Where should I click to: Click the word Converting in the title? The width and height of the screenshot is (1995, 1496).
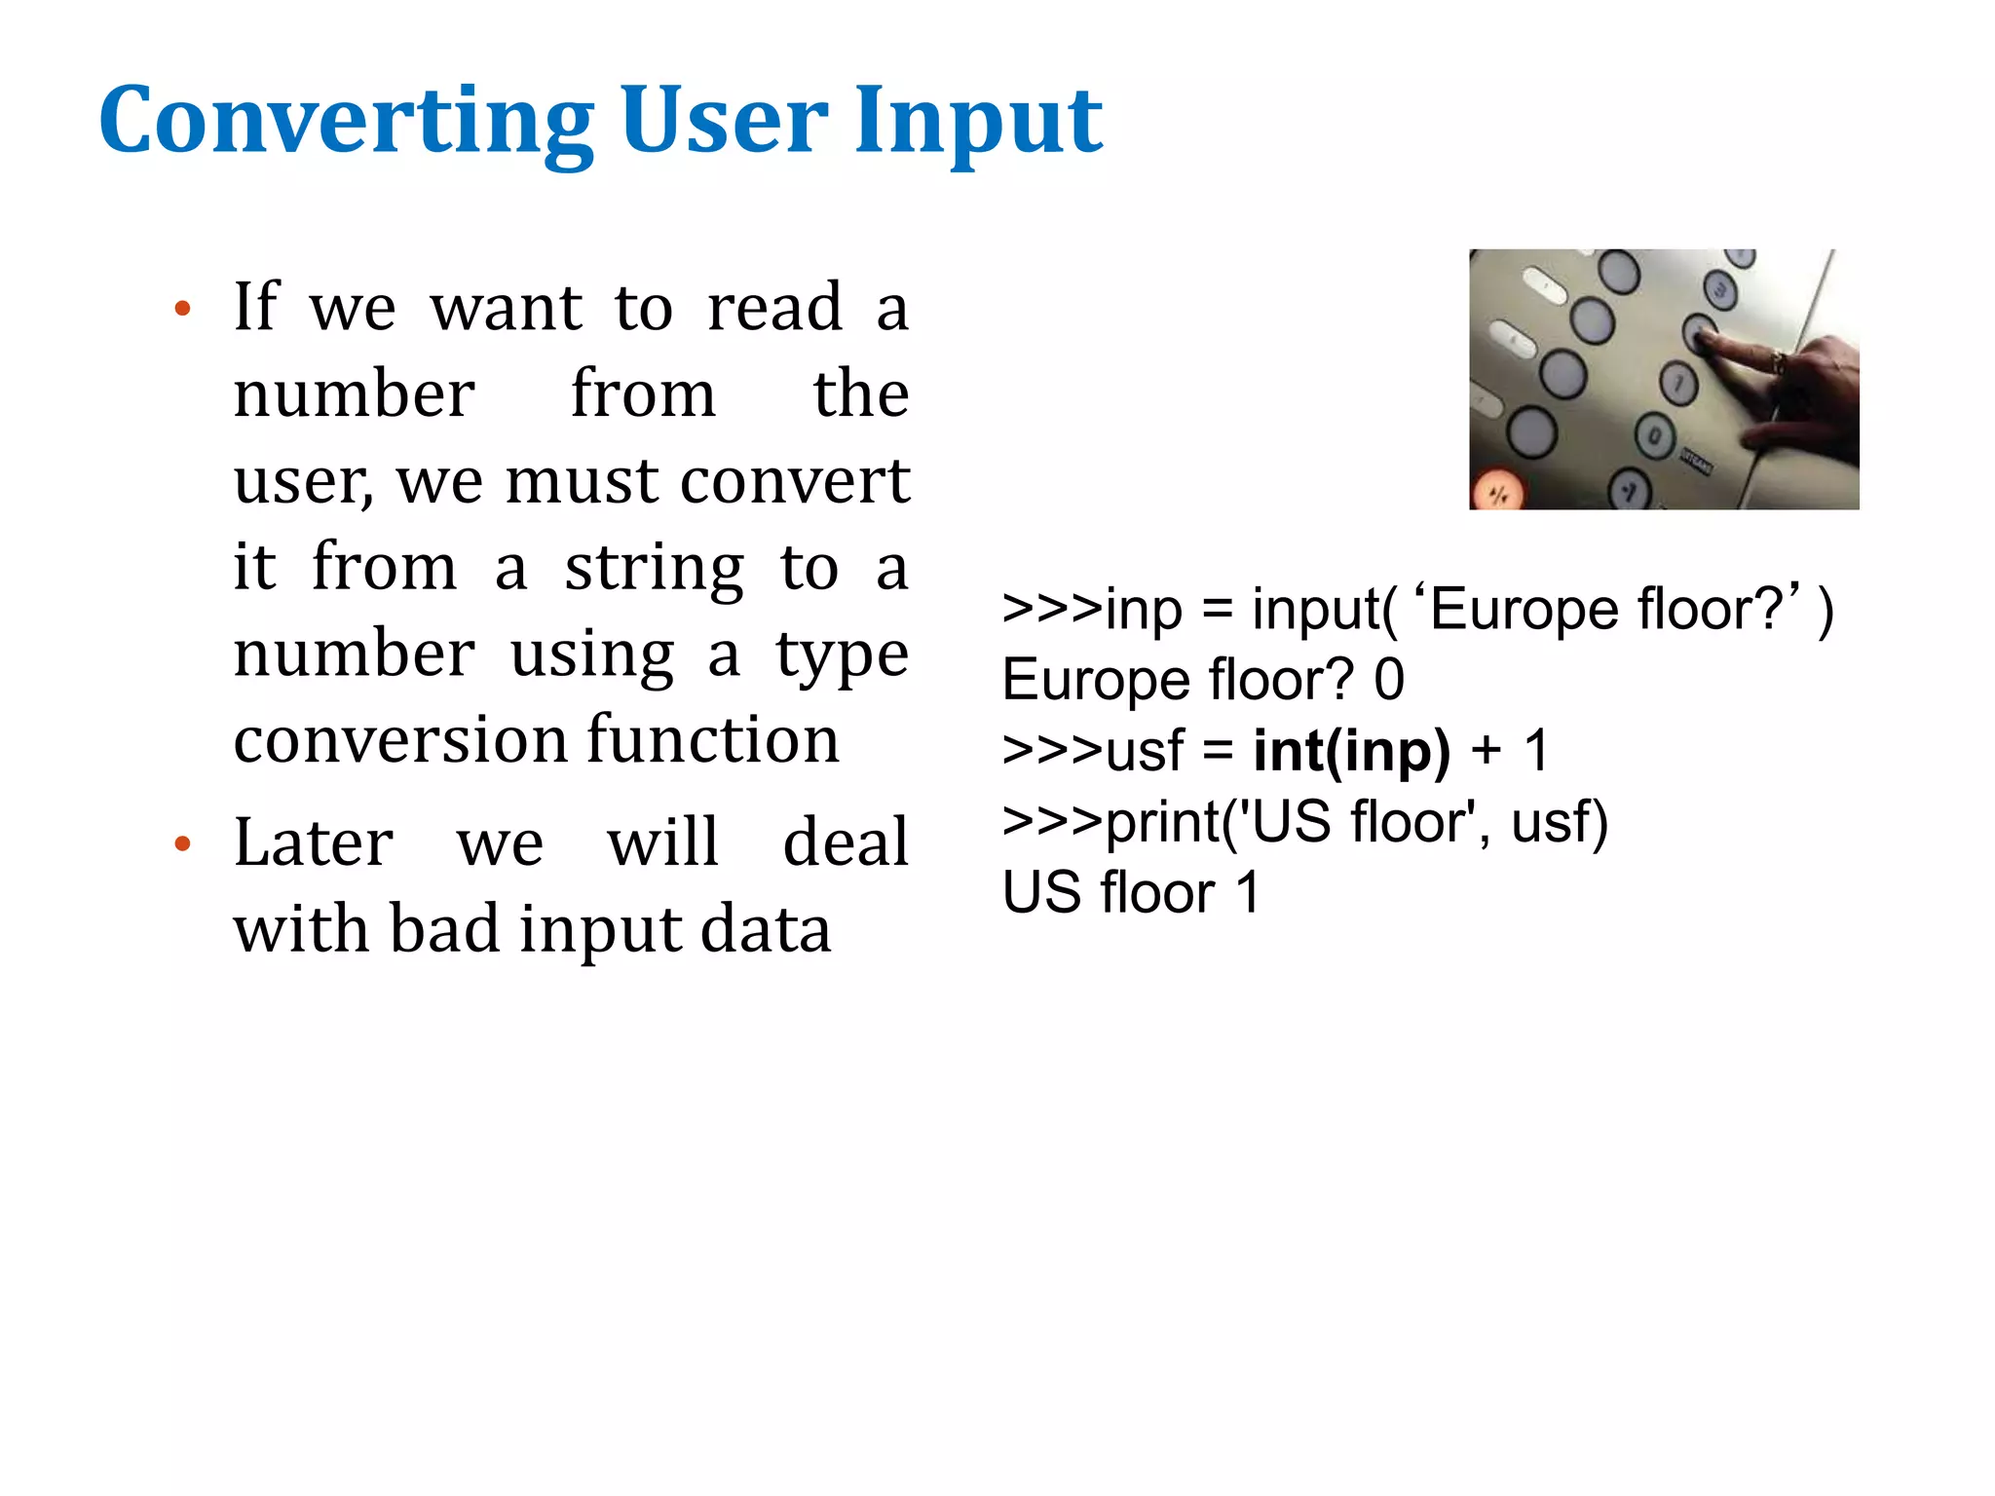click(346, 121)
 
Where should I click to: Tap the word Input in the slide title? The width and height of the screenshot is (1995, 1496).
click(978, 121)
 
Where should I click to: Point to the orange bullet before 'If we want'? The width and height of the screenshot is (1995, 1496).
click(182, 310)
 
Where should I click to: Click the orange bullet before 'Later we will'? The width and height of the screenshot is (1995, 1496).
click(182, 843)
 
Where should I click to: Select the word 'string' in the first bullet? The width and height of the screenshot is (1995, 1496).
click(654, 568)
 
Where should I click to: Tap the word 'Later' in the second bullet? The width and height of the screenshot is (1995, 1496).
click(313, 842)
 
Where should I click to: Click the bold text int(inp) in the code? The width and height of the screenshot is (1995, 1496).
click(1351, 751)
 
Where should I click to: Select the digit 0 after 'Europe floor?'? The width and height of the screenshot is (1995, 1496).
click(1389, 680)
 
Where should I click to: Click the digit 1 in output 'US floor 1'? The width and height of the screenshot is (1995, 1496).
click(1247, 892)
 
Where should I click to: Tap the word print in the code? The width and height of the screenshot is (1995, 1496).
click(1162, 822)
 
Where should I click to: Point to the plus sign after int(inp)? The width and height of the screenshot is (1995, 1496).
click(1487, 751)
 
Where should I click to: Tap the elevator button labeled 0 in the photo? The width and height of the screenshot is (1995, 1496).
click(1654, 435)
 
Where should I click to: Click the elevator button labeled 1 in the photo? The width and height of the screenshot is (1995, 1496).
click(1677, 383)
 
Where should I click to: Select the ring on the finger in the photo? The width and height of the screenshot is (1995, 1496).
click(1779, 363)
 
